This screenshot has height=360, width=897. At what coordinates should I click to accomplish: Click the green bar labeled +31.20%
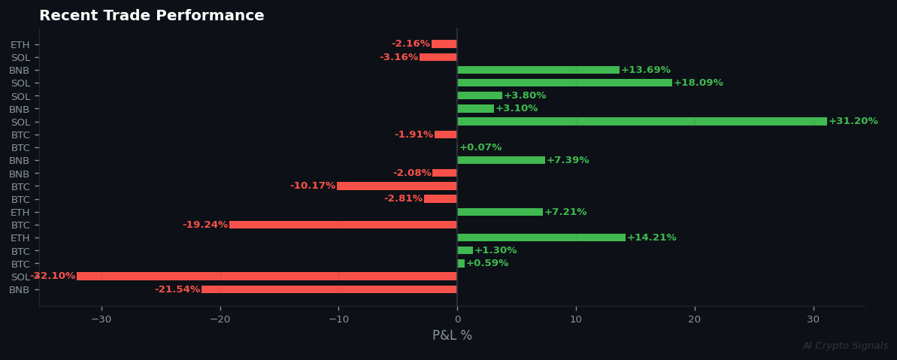coord(641,122)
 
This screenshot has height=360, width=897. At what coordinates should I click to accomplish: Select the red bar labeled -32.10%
coord(266,277)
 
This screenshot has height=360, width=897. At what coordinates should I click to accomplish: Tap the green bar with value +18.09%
coord(564,83)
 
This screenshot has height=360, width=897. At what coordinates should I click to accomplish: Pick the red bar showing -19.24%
coord(343,225)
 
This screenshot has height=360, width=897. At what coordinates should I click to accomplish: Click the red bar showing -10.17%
coord(396,186)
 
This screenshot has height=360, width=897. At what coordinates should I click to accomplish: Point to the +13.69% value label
coord(646,70)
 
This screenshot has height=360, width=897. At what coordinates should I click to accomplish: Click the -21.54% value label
coord(177,289)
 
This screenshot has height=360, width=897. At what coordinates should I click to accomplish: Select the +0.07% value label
coord(480,147)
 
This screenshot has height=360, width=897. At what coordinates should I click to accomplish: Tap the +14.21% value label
coord(652,237)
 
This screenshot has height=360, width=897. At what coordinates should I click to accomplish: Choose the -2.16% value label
coord(411,44)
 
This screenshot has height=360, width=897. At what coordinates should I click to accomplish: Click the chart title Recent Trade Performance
coord(151,16)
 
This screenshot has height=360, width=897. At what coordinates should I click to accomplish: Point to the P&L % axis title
coord(452,336)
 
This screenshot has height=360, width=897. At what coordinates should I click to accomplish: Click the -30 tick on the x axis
coord(101,319)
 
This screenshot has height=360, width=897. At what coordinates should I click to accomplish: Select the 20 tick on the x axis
coord(695,319)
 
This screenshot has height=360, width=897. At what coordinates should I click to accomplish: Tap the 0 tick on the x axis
coord(457,319)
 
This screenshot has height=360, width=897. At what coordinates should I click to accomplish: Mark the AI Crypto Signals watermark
coord(845,346)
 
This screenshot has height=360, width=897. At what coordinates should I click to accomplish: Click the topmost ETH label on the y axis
coord(20,45)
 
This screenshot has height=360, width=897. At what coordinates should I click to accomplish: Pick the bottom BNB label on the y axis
coord(20,290)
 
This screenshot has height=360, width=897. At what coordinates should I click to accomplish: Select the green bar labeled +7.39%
coord(501,160)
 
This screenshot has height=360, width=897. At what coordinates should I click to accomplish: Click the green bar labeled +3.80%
coord(480,95)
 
